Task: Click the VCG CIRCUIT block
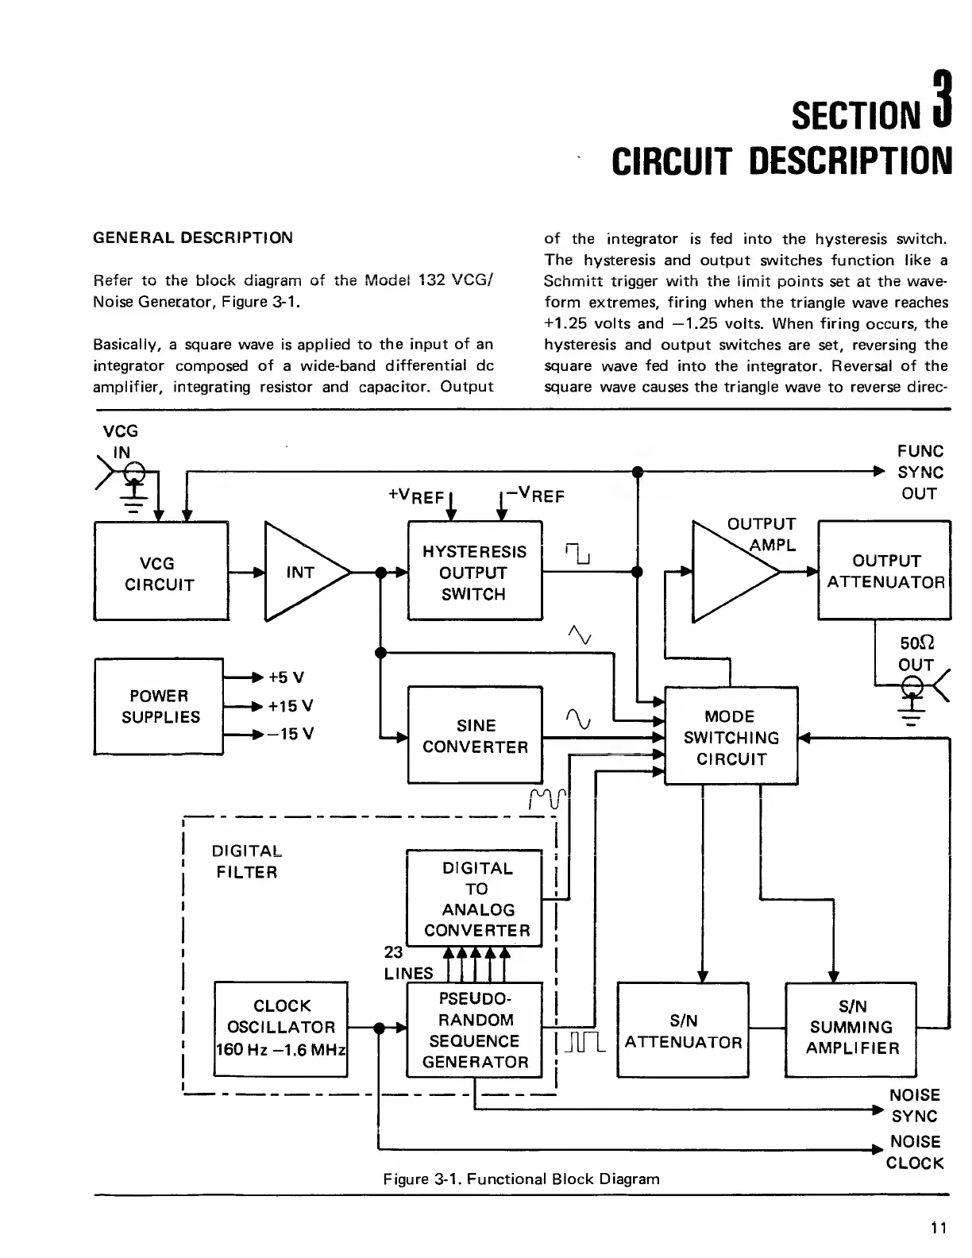point(160,571)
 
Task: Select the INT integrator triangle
point(303,572)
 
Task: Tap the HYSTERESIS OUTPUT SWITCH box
point(474,571)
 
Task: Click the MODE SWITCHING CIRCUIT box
point(730,737)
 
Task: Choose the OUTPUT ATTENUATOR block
point(884,571)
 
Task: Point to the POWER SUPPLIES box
point(159,706)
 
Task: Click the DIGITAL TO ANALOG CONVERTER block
point(474,898)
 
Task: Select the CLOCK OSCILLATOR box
point(281,1028)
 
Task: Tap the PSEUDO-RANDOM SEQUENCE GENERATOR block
point(474,1030)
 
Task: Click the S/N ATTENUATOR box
point(683,1030)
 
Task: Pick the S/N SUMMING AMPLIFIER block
point(851,1028)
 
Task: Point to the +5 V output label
point(287,677)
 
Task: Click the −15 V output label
point(290,734)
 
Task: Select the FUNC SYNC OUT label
point(920,472)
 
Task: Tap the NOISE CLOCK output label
point(915,1152)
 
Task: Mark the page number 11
point(939,1229)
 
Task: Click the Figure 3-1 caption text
point(521,1179)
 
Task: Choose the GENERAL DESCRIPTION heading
point(193,237)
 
